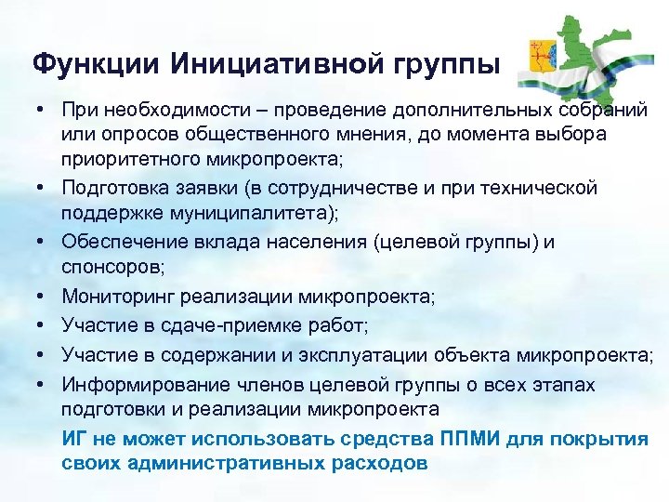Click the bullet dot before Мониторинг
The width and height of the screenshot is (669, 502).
click(44, 297)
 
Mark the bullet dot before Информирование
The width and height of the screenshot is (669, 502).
click(44, 384)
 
